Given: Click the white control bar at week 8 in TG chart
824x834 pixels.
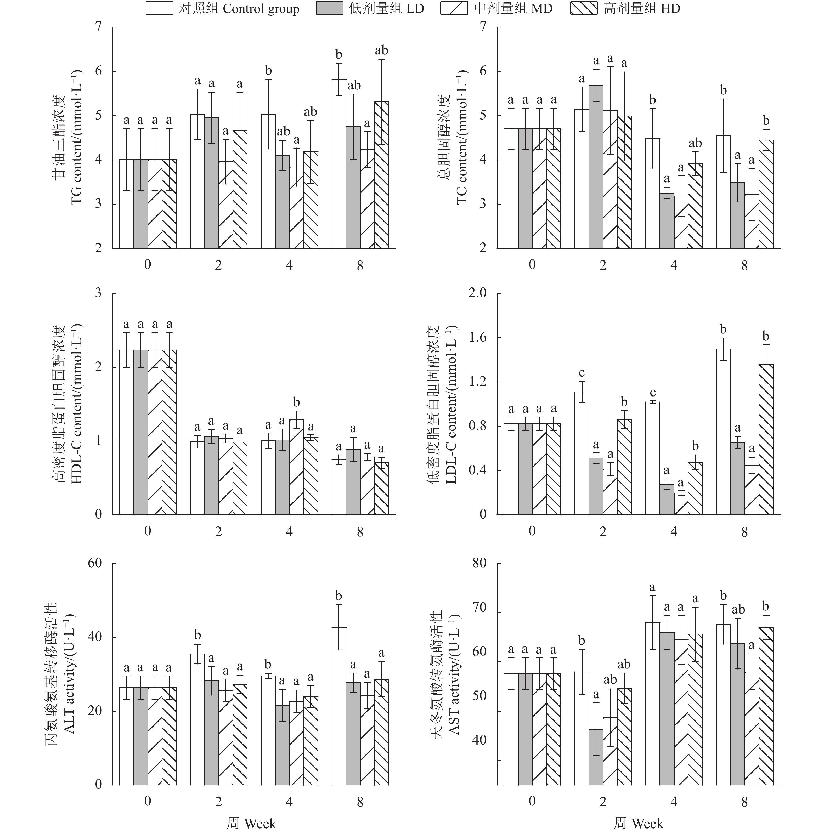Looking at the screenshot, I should [x=339, y=164].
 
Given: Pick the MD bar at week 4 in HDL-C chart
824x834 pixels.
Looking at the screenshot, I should [x=296, y=467].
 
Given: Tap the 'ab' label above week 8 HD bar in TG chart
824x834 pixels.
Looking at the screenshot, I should [x=381, y=50].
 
